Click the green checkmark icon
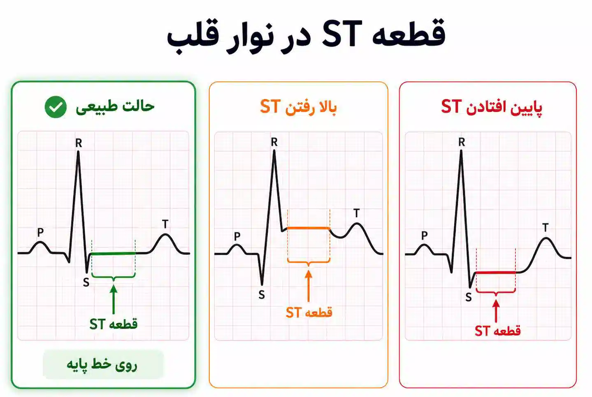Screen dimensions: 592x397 [x=56, y=107]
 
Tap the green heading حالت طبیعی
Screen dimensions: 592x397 [x=115, y=107]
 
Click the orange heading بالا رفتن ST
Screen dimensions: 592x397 [x=298, y=107]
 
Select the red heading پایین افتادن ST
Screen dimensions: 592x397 [x=491, y=107]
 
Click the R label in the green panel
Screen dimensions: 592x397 [x=79, y=143]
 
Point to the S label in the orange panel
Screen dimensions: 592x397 [x=262, y=294]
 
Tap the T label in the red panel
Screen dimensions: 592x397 [x=545, y=227]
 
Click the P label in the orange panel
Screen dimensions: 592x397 [x=237, y=236]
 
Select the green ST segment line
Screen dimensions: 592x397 [x=113, y=254]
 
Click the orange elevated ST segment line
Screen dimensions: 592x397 [x=309, y=228]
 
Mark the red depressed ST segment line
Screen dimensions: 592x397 [x=496, y=272]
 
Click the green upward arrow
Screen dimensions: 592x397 [x=114, y=299]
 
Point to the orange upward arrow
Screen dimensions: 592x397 [x=309, y=286]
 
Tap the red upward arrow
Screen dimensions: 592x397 [x=496, y=311]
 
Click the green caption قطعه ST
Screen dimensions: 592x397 [x=114, y=324]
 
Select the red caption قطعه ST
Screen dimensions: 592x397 [x=498, y=331]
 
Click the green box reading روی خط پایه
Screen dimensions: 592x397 [x=103, y=365]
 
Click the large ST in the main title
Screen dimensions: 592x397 [x=342, y=34]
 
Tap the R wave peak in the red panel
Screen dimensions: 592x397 [x=461, y=151]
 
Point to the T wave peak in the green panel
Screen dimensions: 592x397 [x=165, y=234]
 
